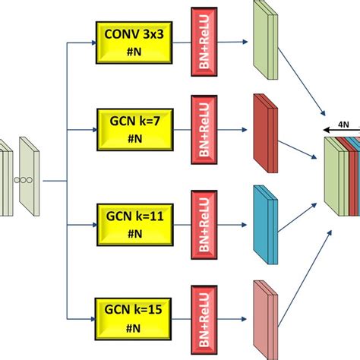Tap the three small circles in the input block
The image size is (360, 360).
click(x=26, y=181)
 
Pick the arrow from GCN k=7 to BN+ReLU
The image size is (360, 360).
click(x=176, y=128)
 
